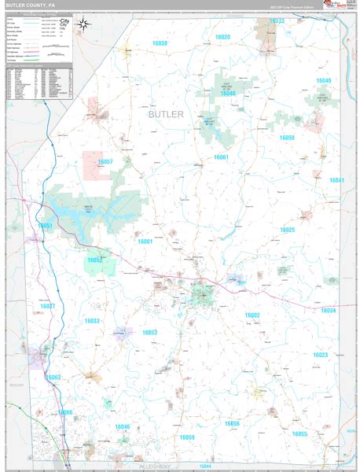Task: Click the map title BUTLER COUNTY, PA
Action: click(31, 6)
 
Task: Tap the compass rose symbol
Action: click(83, 26)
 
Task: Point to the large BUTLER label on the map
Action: click(165, 114)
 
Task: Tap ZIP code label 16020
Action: click(222, 37)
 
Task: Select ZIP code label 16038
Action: click(160, 43)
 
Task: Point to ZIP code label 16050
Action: click(287, 138)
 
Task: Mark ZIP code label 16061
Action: click(221, 157)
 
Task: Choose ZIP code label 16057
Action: click(105, 161)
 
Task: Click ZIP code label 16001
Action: click(145, 242)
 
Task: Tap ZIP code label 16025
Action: click(287, 230)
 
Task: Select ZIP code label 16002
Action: click(252, 315)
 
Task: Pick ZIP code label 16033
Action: click(91, 321)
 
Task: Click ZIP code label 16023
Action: click(321, 355)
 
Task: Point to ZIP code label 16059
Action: click(187, 437)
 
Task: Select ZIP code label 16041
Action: click(336, 180)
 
